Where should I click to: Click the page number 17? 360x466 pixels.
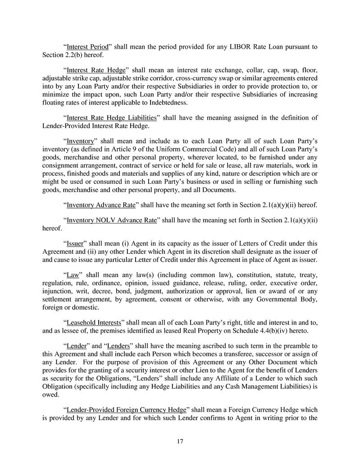pyautogui.click(x=180, y=442)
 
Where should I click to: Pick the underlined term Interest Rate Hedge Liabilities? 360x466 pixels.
pyautogui.click(x=111, y=118)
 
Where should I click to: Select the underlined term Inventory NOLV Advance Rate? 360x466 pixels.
pyautogui.click(x=111, y=220)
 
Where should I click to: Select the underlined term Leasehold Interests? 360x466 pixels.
pyautogui.click(x=94, y=323)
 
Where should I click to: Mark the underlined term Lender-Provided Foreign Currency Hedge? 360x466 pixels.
pyautogui.click(x=126, y=410)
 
